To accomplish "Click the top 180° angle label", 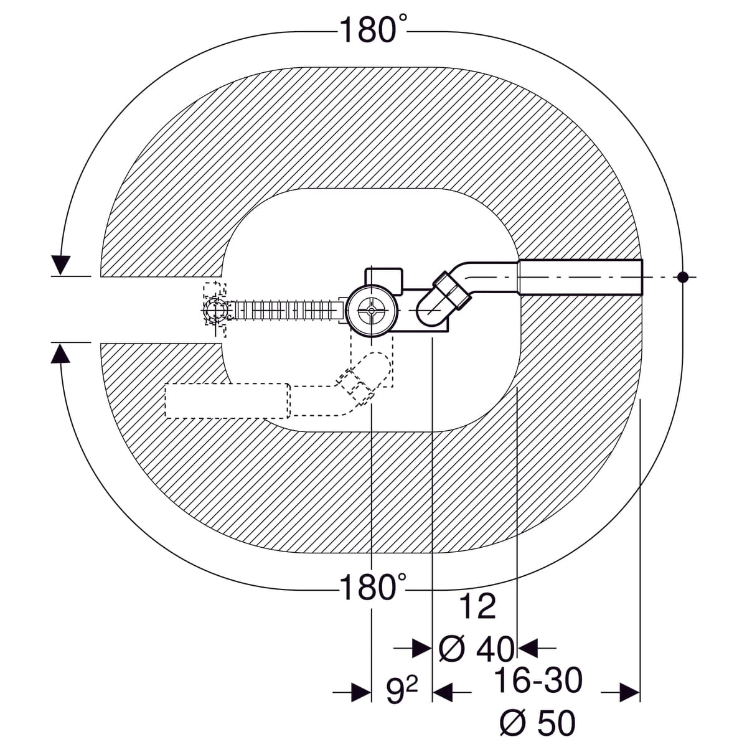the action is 373,30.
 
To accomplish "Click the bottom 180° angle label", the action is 373,587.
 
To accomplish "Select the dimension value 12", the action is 477,618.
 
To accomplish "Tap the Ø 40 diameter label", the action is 477,649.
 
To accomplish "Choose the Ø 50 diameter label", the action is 537,722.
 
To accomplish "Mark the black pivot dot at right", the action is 683,277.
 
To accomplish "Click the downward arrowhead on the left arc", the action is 60,265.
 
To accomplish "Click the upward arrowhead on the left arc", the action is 60,354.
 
